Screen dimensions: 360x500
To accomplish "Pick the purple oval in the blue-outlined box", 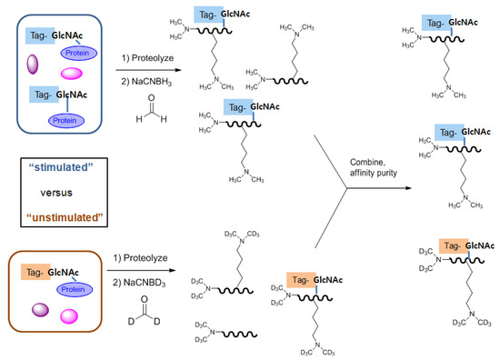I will coord(35,65).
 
